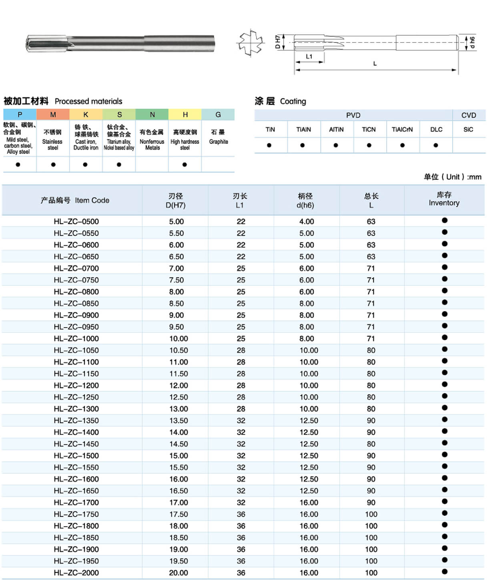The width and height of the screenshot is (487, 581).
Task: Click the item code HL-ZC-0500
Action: click(x=76, y=221)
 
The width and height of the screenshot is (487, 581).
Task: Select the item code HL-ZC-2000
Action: click(x=76, y=573)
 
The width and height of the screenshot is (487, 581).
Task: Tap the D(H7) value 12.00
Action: click(x=178, y=385)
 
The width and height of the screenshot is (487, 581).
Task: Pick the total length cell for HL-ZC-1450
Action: click(x=371, y=444)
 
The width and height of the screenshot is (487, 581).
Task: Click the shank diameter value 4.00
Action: click(x=307, y=221)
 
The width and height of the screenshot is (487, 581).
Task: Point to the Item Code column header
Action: click(x=75, y=200)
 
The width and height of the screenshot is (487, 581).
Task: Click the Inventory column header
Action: click(x=444, y=199)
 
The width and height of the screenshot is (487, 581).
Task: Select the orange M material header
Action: click(x=53, y=115)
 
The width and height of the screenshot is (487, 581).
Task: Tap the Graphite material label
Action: click(x=218, y=141)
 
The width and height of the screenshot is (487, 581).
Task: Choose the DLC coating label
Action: click(x=436, y=129)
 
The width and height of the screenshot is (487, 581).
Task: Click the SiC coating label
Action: click(x=468, y=129)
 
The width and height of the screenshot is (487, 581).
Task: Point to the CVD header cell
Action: click(x=469, y=115)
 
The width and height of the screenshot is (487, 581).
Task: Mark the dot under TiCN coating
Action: click(x=369, y=145)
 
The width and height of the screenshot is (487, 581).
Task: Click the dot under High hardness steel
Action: click(x=184, y=165)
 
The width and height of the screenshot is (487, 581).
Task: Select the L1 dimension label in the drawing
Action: click(x=309, y=56)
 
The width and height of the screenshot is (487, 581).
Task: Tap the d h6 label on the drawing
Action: click(x=472, y=42)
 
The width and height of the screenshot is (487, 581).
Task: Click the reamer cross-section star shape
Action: click(x=251, y=42)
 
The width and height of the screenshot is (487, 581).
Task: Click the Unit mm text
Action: click(x=453, y=177)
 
